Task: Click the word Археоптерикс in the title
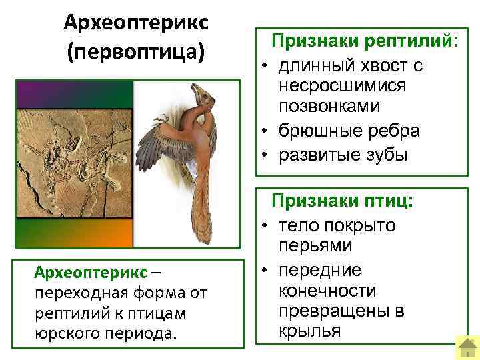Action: coord(136,22)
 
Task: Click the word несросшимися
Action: coord(335,87)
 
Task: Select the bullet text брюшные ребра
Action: coord(349,131)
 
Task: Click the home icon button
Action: coord(467,347)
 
